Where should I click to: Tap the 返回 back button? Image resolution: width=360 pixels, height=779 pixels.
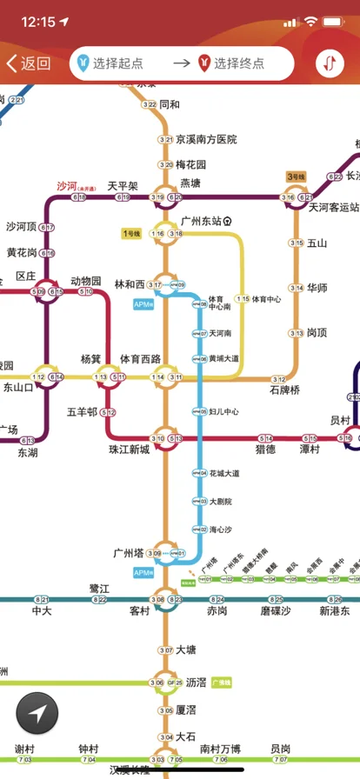(x=29, y=63)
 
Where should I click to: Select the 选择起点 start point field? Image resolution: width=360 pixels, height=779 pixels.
(x=121, y=63)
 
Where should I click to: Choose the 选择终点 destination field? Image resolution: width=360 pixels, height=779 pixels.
(x=238, y=63)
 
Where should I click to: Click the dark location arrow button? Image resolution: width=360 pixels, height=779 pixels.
(x=37, y=714)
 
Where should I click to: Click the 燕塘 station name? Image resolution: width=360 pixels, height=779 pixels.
(x=190, y=183)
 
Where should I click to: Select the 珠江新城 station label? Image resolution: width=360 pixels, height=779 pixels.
(x=129, y=449)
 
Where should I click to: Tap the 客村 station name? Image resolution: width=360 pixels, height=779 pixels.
(x=139, y=611)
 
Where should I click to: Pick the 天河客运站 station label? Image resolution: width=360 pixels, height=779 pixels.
(x=334, y=207)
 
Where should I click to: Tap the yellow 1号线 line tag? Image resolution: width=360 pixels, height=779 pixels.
(x=131, y=233)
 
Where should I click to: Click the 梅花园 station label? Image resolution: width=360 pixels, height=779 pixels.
(x=191, y=164)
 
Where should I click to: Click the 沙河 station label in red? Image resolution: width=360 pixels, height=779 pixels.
(x=67, y=186)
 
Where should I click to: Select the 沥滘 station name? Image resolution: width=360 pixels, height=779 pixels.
(x=196, y=682)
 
